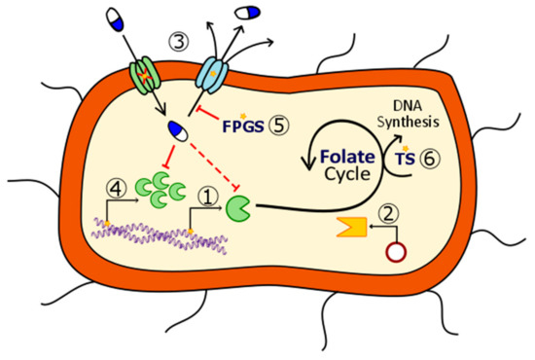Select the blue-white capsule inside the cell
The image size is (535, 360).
click(x=177, y=130)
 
